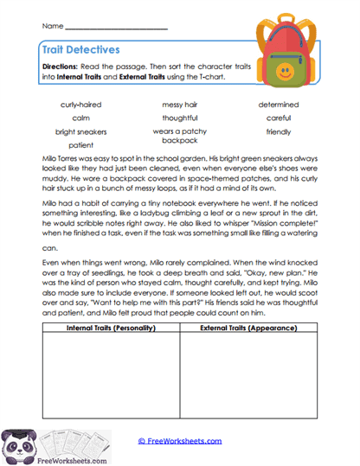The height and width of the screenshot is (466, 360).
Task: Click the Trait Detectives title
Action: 80,51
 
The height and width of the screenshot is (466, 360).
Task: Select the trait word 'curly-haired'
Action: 80,105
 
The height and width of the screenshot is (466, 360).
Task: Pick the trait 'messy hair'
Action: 179,105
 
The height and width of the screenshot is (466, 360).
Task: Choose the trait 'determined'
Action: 278,105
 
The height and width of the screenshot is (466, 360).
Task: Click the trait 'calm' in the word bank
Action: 80,118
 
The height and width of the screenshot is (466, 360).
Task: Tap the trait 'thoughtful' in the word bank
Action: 179,118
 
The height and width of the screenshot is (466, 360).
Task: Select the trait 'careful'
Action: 278,118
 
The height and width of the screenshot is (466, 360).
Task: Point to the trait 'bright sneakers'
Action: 80,132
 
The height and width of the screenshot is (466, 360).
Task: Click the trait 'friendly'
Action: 278,132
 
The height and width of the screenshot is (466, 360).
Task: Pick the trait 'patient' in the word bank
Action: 80,145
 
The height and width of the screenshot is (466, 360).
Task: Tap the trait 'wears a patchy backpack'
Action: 179,136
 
